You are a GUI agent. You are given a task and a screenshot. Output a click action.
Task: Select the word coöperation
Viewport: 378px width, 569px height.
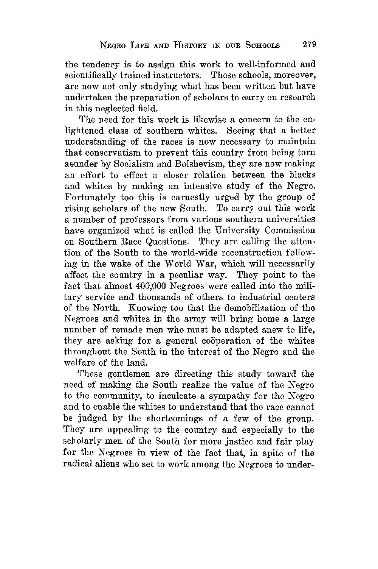[223, 341]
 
